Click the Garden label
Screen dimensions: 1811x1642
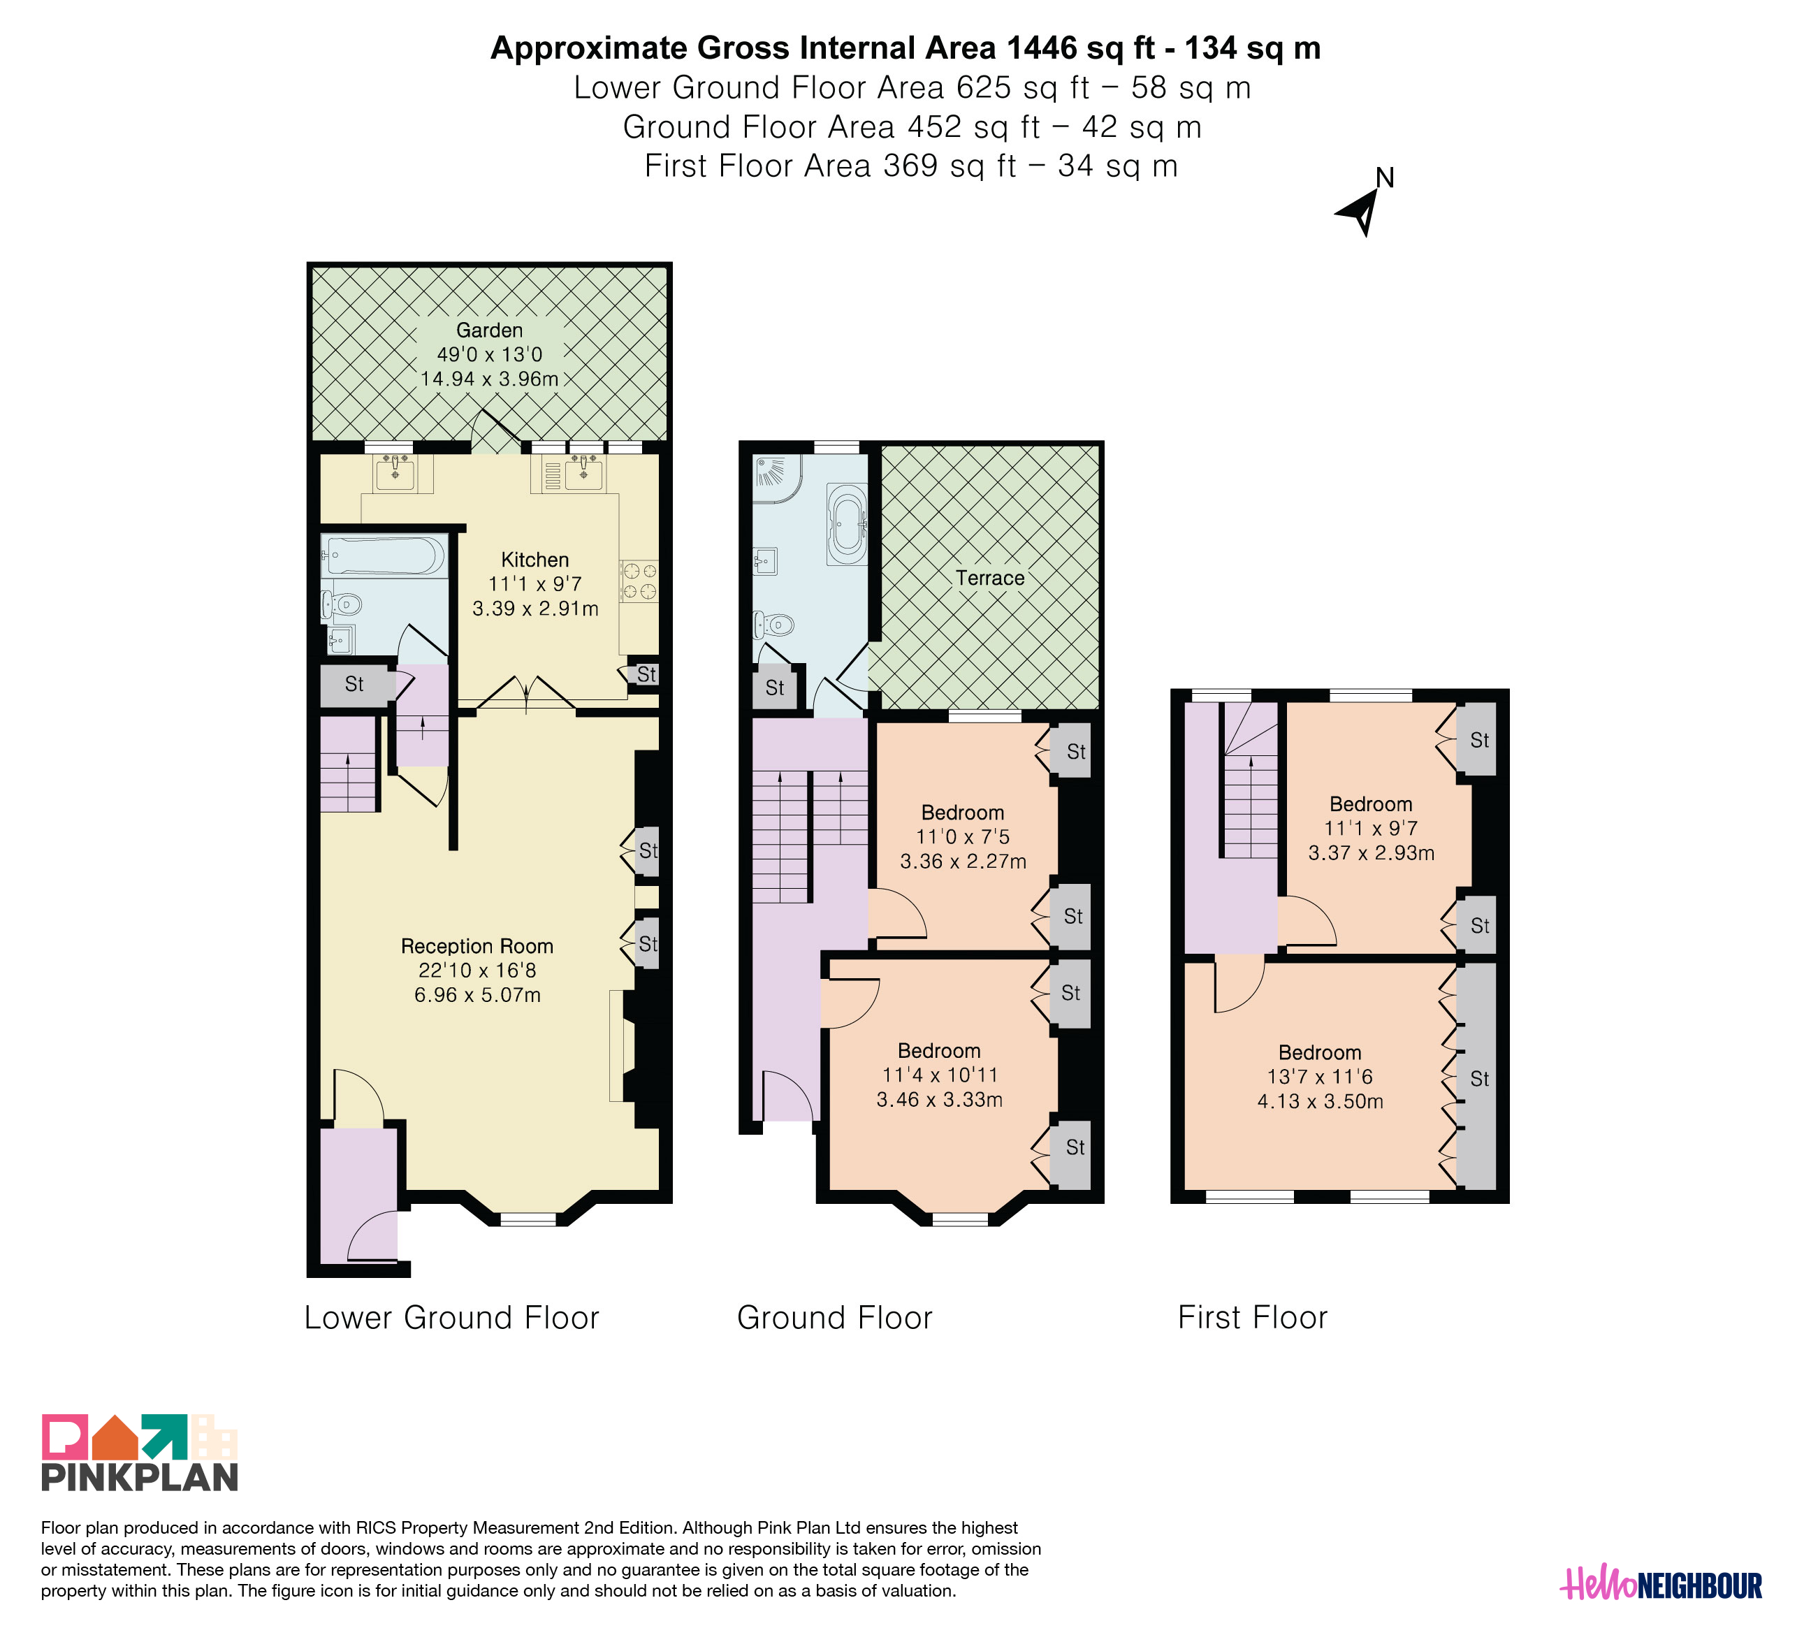[x=490, y=330]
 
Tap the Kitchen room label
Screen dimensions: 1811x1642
[x=535, y=560]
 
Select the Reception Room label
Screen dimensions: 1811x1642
[x=477, y=946]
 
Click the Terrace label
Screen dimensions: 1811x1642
[x=990, y=578]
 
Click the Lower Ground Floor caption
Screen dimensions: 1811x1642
[x=452, y=1318]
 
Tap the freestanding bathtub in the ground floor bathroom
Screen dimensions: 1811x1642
[x=847, y=525]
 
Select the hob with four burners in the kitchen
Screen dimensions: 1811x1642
[x=639, y=580]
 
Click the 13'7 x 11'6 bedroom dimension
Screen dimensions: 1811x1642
[x=1321, y=1077]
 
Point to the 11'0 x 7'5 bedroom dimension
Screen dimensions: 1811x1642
[x=963, y=837]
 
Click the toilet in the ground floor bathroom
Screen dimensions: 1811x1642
[x=773, y=623]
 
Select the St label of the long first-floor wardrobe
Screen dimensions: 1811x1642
[x=1480, y=1079]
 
